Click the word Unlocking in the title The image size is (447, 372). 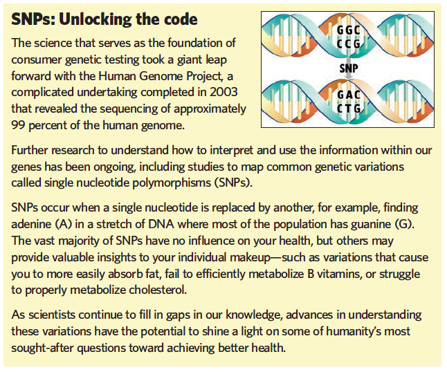click(95, 20)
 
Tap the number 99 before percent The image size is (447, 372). click(19, 125)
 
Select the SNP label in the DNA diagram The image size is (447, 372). click(348, 68)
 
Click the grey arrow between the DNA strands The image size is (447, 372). click(347, 68)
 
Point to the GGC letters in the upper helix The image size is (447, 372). click(348, 30)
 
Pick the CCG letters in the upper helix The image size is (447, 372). click(348, 44)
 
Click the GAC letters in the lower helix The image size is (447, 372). click(349, 95)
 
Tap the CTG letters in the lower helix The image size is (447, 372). click(349, 109)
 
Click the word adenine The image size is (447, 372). click(30, 225)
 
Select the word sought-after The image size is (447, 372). click(42, 348)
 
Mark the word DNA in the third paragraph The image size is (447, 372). click(161, 224)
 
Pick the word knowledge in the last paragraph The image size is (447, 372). click(254, 315)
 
